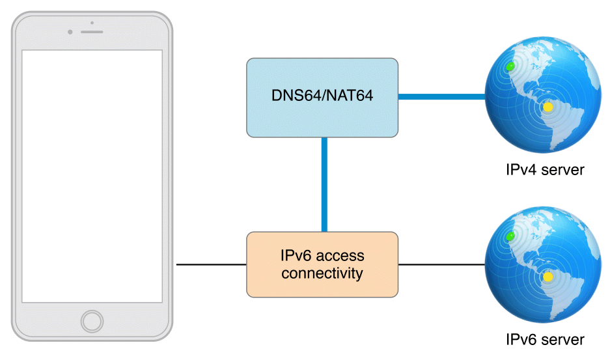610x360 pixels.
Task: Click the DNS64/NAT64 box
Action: [322, 97]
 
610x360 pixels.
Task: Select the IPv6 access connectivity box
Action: [322, 264]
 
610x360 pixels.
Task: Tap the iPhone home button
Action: [92, 321]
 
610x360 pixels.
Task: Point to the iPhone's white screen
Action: [92, 176]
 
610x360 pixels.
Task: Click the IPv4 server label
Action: [545, 170]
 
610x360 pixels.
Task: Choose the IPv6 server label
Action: [545, 339]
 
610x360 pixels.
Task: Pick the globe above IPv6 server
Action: [543, 265]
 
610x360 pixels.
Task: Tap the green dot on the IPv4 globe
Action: [510, 66]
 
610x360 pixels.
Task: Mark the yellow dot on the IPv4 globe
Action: [548, 107]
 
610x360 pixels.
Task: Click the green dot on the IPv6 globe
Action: [510, 235]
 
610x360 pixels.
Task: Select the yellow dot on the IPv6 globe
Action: [548, 277]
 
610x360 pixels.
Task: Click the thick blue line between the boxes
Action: [324, 184]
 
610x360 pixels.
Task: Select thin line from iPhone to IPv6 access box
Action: [211, 265]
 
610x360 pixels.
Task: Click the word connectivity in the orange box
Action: [322, 273]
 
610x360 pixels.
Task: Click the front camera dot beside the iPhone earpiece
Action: [70, 32]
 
